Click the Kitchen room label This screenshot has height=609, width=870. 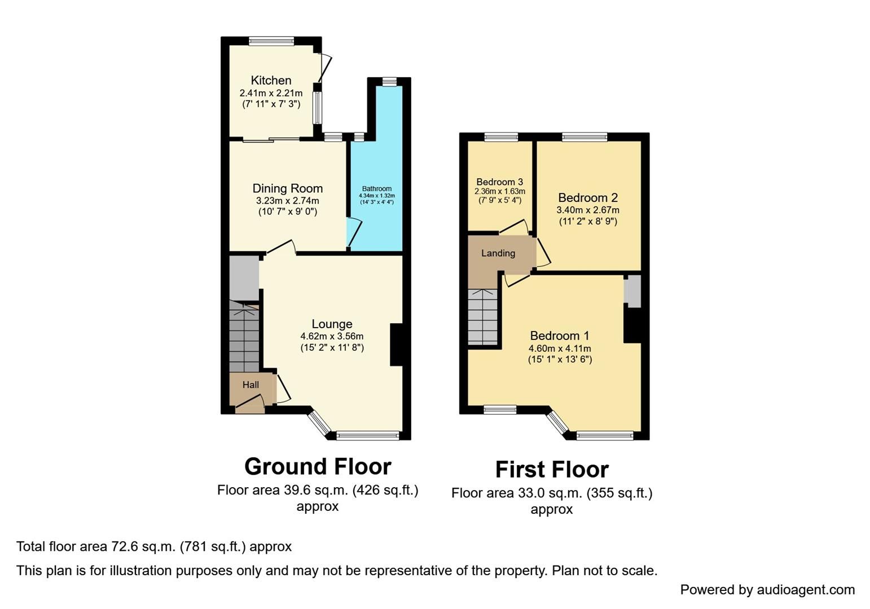271,80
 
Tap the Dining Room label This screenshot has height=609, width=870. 287,188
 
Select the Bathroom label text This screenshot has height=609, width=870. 377,189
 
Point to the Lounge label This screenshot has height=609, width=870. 332,324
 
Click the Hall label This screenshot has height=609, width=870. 251,385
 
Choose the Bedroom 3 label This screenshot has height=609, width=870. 499,182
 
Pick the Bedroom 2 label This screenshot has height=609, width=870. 587,197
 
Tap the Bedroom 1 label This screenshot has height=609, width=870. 559,336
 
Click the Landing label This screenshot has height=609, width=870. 498,253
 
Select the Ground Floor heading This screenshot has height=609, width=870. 318,466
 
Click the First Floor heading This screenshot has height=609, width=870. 552,469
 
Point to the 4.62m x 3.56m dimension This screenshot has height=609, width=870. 332,336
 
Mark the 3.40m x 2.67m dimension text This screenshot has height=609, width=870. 587,210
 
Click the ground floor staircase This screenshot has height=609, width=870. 244,337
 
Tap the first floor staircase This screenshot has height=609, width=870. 483,317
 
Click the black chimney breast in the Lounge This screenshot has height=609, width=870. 396,345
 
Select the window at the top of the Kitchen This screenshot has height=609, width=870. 271,41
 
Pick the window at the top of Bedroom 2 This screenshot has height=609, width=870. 585,136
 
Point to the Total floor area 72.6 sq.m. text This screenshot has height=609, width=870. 153,546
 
